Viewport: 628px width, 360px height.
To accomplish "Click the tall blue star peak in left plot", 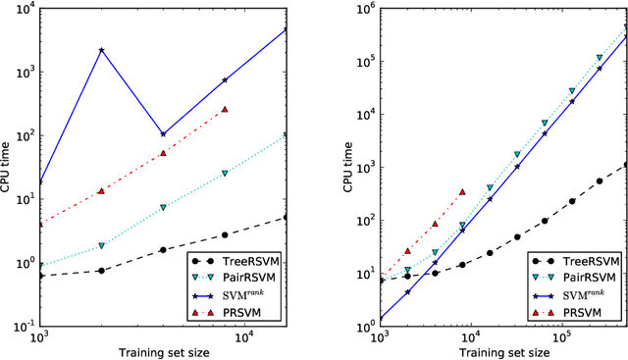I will pyautogui.click(x=101, y=50).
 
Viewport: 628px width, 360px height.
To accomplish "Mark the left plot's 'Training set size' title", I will pyautogui.click(x=162, y=351).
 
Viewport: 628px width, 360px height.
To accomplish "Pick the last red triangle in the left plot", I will pyautogui.click(x=225, y=110).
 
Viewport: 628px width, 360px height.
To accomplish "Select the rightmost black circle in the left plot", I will pyautogui.click(x=286, y=218).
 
